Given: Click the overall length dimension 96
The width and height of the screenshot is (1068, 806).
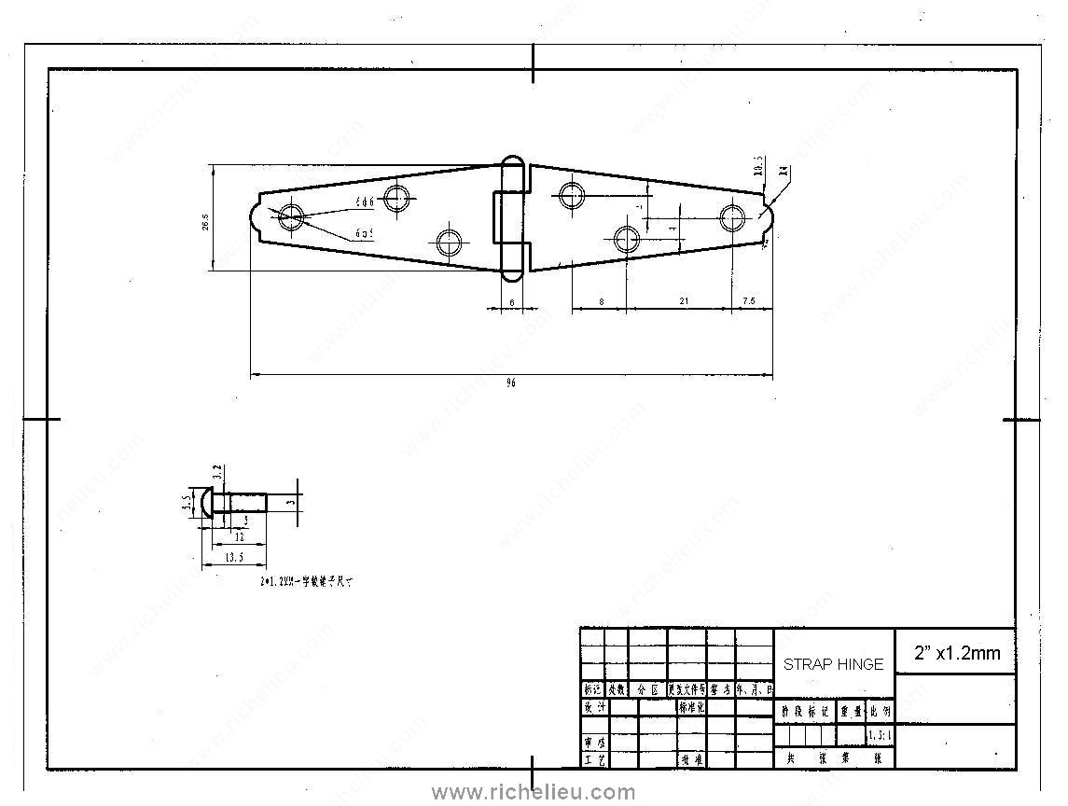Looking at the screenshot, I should point(510,383).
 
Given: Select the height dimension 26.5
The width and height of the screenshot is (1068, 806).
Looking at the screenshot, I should point(204,222).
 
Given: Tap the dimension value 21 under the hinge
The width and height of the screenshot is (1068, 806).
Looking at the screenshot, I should point(685,301).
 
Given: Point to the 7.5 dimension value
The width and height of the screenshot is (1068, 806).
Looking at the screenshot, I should point(749,301).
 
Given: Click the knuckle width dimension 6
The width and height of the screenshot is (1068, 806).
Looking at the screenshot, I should point(511,302).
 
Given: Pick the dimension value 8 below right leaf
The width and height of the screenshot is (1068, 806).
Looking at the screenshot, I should point(601,301).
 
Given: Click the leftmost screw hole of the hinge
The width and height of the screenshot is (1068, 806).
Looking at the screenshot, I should point(291,217).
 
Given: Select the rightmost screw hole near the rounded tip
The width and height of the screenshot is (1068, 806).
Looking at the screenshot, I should point(733,217).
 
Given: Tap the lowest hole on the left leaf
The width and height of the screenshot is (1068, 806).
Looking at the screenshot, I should point(450,241).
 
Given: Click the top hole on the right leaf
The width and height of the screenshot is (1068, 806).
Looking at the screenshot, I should point(571,196).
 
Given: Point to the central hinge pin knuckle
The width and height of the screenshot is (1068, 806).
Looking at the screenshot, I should point(510,218).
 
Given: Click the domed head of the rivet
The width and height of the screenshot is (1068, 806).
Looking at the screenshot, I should point(203,504).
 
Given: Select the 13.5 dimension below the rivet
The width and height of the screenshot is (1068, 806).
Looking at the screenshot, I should point(234,558).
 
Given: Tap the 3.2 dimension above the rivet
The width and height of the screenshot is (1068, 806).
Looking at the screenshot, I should point(216,473).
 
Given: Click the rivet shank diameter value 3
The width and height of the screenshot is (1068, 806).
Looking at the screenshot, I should point(291,502).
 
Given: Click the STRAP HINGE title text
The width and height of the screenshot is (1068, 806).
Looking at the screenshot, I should point(833,664).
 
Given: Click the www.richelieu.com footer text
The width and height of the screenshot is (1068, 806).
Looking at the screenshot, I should point(534,793).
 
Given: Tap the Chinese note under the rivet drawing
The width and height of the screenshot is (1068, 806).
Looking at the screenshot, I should point(306,581).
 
